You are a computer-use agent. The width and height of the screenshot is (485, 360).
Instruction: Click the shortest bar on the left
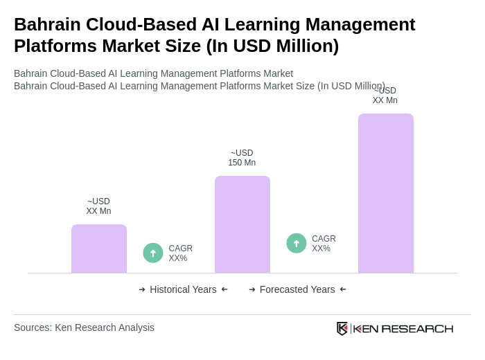tap(99, 249)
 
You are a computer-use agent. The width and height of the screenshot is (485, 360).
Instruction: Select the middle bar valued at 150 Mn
tap(242, 224)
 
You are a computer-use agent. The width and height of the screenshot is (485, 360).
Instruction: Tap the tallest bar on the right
tap(386, 193)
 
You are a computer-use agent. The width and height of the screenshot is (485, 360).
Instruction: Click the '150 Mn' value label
tap(242, 163)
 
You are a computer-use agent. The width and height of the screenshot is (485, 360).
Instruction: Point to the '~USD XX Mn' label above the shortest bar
tap(98, 206)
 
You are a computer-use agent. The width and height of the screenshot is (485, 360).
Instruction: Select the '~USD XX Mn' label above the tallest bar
tap(385, 96)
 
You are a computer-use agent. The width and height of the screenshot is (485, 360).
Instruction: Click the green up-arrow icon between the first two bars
tap(153, 253)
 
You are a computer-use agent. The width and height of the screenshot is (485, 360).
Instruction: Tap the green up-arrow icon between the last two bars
tap(297, 243)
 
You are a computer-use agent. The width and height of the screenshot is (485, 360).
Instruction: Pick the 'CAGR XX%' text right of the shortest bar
tap(180, 253)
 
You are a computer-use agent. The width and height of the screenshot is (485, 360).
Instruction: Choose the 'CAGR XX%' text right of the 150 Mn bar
tap(324, 244)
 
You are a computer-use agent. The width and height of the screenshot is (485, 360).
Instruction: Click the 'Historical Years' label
tap(183, 289)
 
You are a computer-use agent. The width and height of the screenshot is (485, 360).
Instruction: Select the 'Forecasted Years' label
tap(297, 289)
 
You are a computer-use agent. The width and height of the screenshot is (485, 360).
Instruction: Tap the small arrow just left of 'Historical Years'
tap(142, 289)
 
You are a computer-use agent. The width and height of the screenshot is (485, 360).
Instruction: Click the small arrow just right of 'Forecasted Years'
tap(343, 289)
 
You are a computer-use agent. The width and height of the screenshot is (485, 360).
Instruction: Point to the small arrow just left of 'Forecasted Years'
tap(252, 289)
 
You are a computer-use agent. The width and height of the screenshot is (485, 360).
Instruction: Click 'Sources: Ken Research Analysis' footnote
tap(84, 327)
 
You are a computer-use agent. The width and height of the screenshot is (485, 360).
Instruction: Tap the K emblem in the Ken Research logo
tap(342, 328)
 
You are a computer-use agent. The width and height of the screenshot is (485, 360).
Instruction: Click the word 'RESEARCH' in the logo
tap(417, 328)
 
